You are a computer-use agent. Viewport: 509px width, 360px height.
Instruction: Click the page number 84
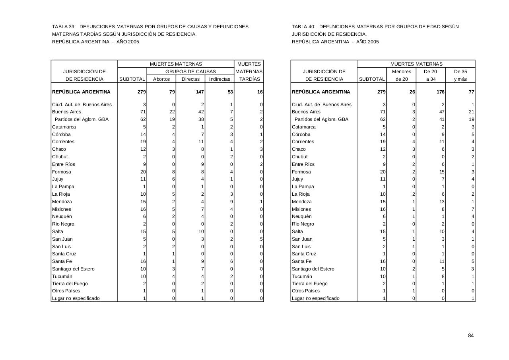click(x=471, y=336)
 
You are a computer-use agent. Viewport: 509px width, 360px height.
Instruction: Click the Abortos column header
click(x=161, y=79)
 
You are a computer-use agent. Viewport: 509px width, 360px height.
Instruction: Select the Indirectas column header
click(x=220, y=79)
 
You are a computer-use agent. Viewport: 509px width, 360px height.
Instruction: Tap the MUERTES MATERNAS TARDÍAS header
click(x=249, y=72)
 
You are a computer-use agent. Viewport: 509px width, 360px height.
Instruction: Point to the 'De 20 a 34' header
click(x=431, y=75)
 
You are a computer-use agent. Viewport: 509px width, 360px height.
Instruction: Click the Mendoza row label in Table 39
click(x=62, y=202)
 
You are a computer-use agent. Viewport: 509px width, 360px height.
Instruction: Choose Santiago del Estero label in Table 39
click(x=73, y=269)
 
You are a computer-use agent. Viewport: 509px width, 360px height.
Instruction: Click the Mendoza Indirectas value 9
click(x=231, y=202)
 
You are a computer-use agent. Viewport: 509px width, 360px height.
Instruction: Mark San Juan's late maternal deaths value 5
click(x=261, y=239)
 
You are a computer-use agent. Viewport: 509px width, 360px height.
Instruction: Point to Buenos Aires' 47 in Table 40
click(x=441, y=112)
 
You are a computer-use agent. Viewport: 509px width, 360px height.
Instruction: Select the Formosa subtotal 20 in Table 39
click(x=143, y=172)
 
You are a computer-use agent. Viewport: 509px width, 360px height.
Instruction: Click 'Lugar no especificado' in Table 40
click(x=316, y=298)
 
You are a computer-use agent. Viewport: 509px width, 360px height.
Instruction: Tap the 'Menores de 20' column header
click(x=401, y=75)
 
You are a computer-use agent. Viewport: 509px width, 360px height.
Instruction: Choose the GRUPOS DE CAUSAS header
click(x=190, y=72)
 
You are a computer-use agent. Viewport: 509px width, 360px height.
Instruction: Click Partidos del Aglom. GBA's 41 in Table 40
click(x=441, y=119)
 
